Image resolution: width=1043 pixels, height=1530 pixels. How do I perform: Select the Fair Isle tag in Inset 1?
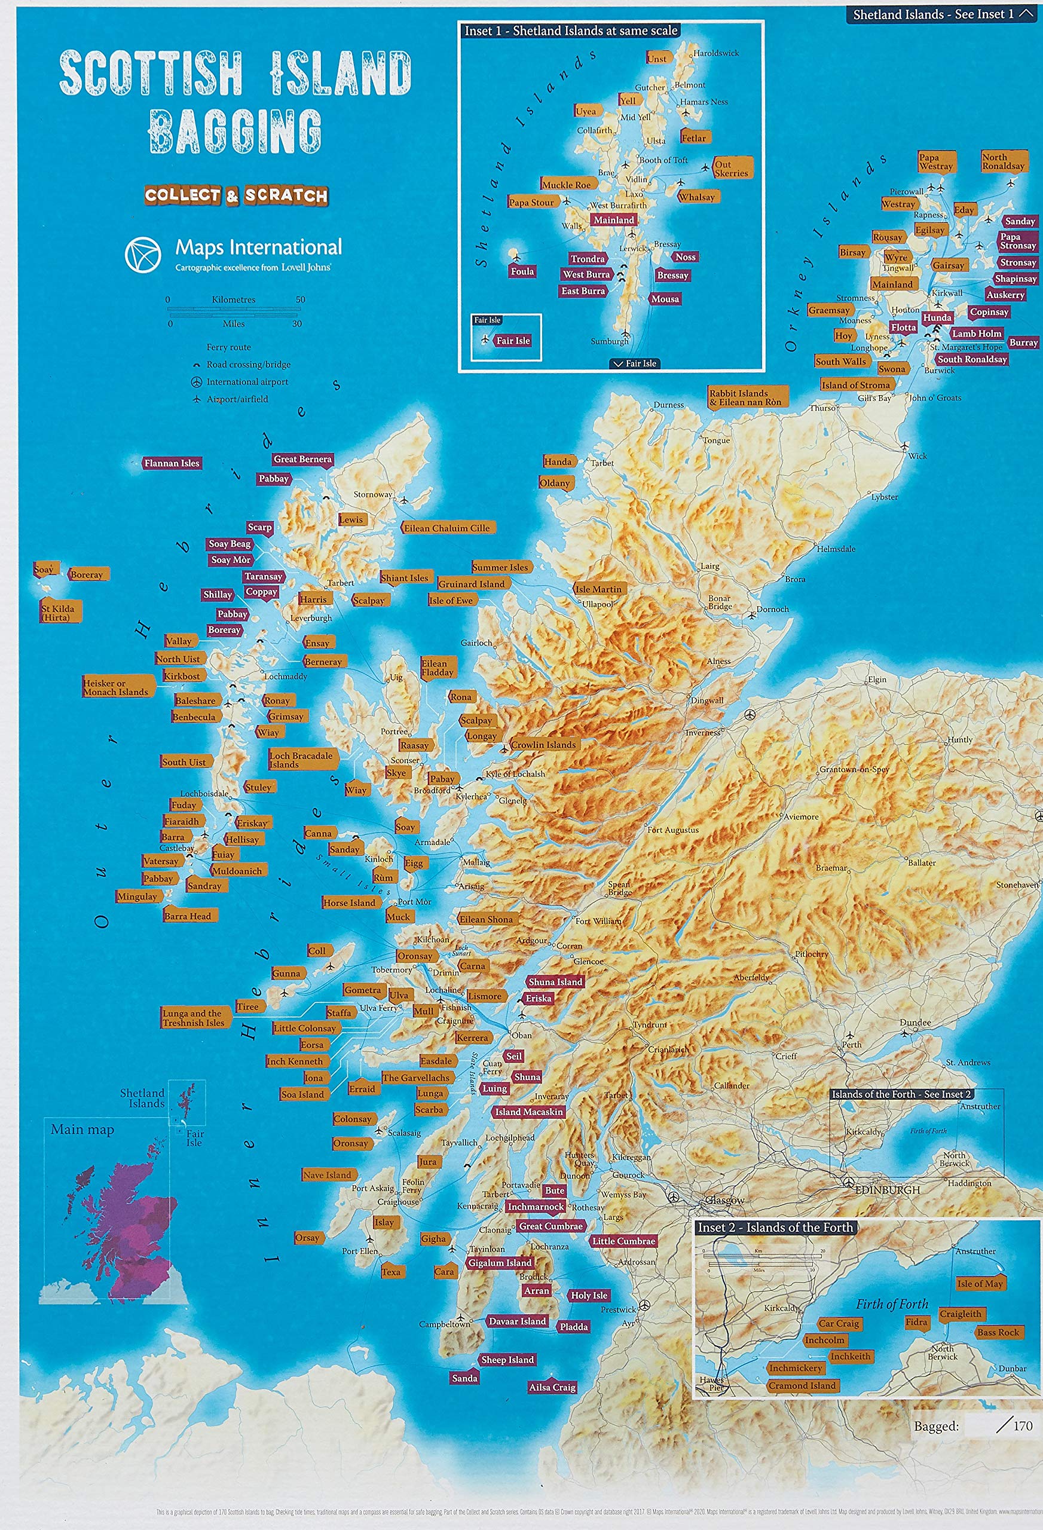point(512,341)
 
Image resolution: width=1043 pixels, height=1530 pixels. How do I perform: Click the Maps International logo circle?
point(143,254)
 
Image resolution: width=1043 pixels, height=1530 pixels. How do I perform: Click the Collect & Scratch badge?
point(236,195)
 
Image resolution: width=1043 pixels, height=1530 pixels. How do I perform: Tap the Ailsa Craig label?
point(552,1387)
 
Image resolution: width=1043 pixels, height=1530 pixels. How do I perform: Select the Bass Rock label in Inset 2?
point(998,1332)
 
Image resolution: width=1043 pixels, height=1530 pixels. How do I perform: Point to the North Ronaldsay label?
point(1003,161)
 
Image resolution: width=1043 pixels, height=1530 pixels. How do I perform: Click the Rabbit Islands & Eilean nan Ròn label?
point(745,397)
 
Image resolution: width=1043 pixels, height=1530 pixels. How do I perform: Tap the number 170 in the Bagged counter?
point(1022,1425)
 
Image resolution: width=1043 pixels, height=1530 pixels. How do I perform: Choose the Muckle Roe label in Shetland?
point(566,184)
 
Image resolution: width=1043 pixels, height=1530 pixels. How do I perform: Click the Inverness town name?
point(702,732)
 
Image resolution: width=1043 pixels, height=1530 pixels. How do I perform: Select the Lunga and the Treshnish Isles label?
point(194,1018)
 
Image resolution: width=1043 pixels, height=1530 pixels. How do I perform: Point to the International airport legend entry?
point(247,382)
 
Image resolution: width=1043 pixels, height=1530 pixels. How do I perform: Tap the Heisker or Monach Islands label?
point(117,687)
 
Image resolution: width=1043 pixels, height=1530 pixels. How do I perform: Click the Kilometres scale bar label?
point(233,299)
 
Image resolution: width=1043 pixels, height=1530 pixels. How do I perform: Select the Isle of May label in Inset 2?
point(980,1283)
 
